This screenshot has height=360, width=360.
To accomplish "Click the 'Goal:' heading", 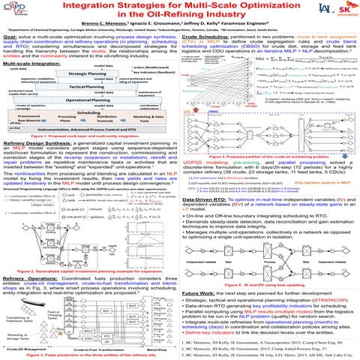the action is (11, 35).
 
